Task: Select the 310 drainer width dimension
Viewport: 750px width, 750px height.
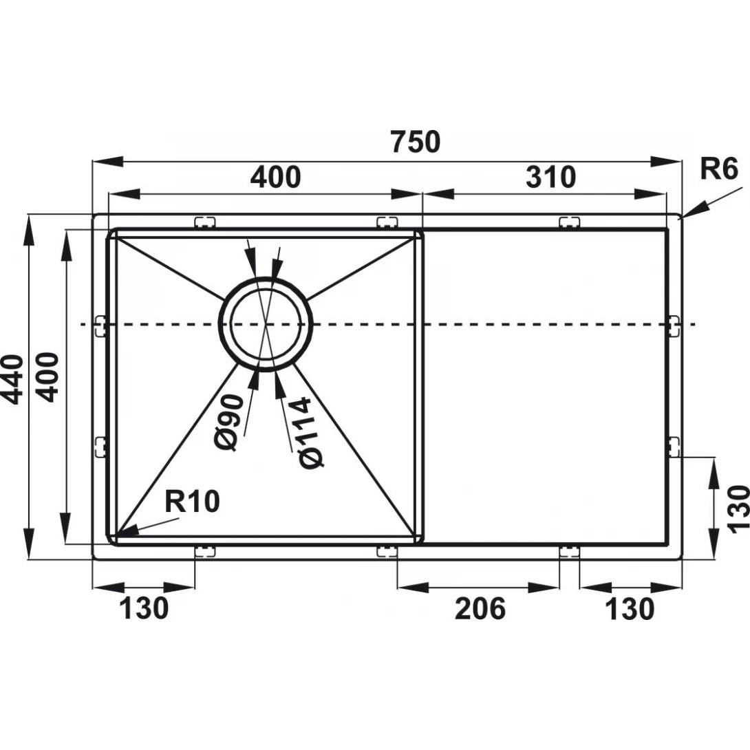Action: (550, 178)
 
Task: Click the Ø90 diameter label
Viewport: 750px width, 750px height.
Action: (231, 422)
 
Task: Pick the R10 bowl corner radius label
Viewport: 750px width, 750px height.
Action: (193, 502)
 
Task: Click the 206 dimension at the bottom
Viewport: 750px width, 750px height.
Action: (480, 608)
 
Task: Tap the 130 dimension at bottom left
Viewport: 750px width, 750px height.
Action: (143, 608)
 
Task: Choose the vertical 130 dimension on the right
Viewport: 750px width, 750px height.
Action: (738, 508)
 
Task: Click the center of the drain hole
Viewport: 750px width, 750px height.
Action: (266, 323)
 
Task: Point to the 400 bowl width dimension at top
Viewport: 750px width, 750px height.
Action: (275, 178)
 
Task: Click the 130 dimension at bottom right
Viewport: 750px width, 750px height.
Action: (630, 608)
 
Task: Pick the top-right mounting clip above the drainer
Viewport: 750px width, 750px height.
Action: (569, 222)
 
